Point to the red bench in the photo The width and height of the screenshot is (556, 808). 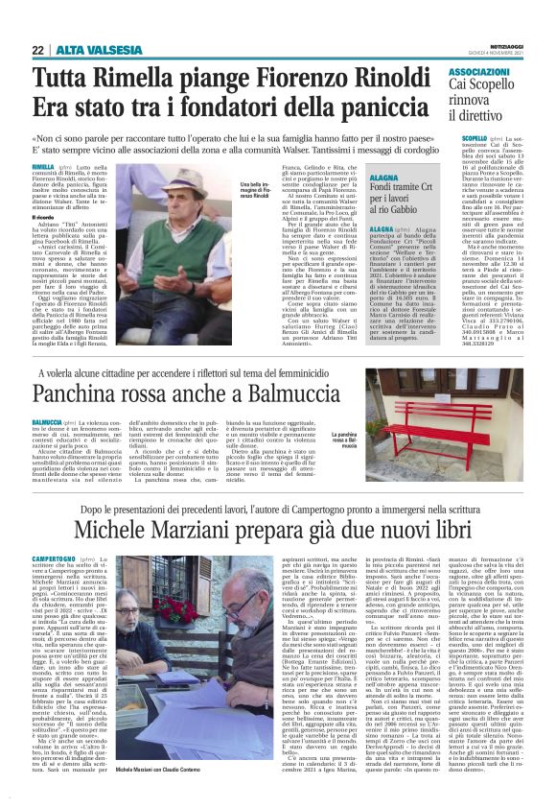tap(470, 403)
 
